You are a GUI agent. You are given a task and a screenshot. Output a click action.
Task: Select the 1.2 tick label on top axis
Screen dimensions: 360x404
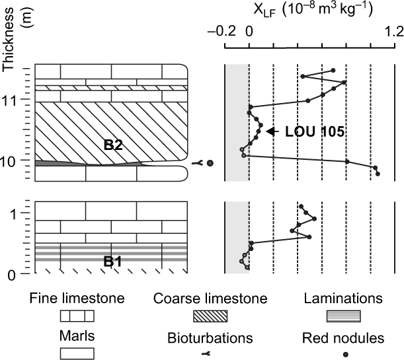[394, 31]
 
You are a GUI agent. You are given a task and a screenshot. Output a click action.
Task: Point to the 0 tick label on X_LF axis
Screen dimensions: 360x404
[249, 31]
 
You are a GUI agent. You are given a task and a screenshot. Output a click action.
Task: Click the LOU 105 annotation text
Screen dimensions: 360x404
[315, 131]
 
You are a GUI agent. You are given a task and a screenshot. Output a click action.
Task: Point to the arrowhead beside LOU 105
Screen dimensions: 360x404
[270, 131]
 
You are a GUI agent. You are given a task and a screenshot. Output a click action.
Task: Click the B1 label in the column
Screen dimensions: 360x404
[113, 261]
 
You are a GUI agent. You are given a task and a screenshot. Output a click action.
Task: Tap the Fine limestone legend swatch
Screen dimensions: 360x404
[77, 315]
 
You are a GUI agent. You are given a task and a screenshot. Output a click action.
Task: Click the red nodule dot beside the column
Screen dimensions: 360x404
[210, 163]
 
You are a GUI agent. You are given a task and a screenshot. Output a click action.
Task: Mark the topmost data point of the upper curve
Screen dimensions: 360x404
[333, 70]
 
